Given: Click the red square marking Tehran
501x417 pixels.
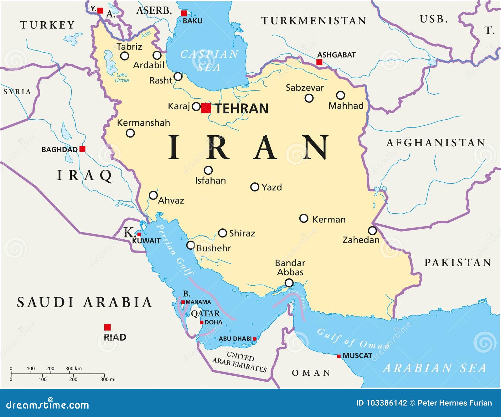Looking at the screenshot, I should click(206, 108).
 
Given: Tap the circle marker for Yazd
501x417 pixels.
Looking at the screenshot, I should click(255, 187).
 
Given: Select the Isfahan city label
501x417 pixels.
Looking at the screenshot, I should click(210, 180).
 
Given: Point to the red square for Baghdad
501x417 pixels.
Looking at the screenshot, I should click(82, 149).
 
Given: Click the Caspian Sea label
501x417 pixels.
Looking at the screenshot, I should click(209, 60).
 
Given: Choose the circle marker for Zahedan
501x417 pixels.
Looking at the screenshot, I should click(372, 231).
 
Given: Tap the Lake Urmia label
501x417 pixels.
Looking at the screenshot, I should click(121, 77).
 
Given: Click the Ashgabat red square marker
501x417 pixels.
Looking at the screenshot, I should click(319, 62).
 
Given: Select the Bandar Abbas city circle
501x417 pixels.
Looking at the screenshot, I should click(289, 283).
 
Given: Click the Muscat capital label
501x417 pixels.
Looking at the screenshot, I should click(357, 356).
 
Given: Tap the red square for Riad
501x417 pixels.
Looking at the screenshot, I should click(107, 327).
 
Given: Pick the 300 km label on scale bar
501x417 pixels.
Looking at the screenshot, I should click(73, 368).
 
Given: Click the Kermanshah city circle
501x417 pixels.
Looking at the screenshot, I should click(130, 133).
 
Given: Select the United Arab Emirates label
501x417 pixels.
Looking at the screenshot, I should click(240, 362).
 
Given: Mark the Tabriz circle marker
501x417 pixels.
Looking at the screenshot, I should click(125, 56).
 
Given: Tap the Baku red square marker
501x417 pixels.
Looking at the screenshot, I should click(184, 13).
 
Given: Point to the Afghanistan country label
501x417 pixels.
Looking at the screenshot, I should click(436, 143).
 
